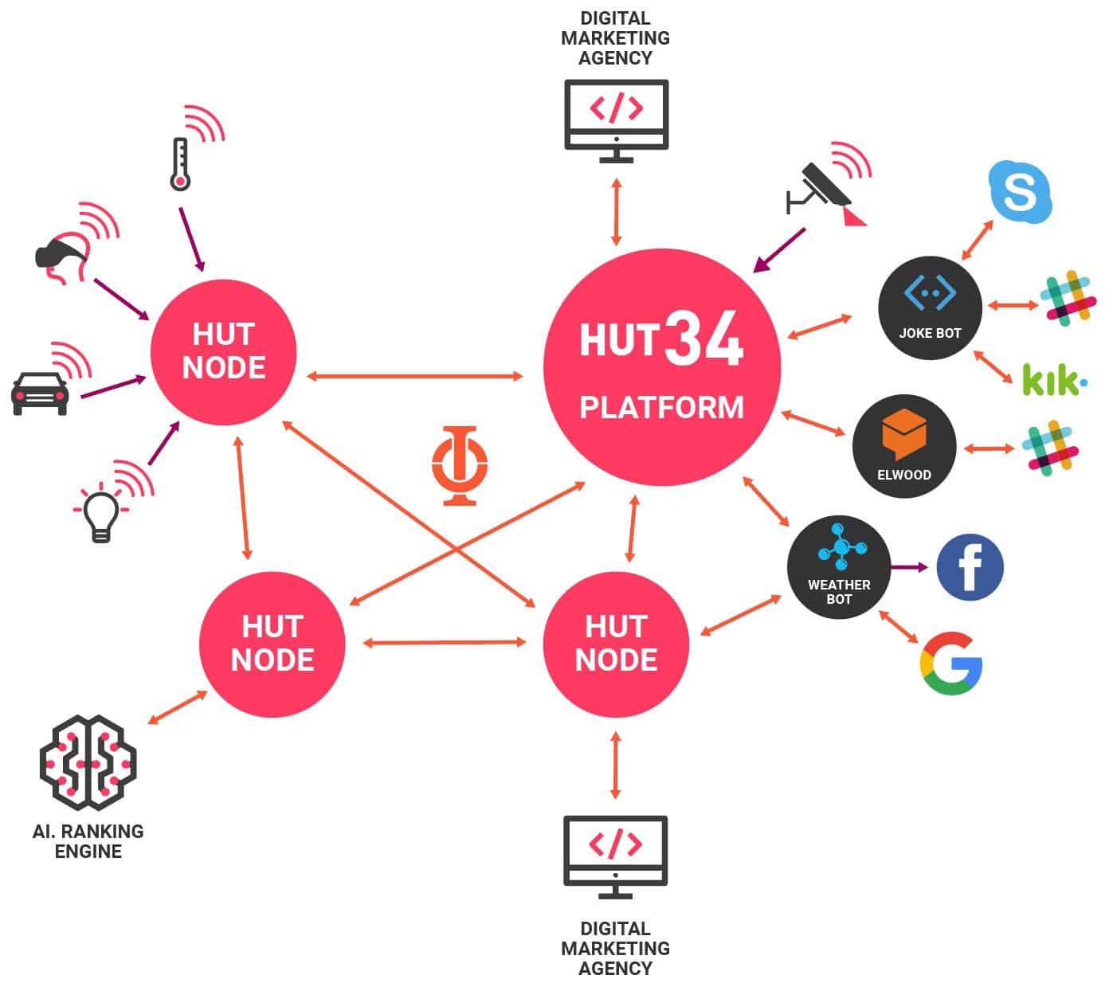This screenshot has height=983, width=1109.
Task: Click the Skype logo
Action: pyautogui.click(x=1021, y=192)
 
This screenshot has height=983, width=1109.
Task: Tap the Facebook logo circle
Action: pyautogui.click(x=970, y=567)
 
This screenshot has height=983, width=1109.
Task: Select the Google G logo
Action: pyautogui.click(x=951, y=663)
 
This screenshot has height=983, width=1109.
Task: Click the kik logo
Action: pyautogui.click(x=1053, y=380)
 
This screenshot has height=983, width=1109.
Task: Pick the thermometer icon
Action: pyautogui.click(x=180, y=164)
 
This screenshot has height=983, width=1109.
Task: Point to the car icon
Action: pyautogui.click(x=40, y=392)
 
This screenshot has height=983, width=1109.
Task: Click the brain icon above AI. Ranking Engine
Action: pyautogui.click(x=88, y=762)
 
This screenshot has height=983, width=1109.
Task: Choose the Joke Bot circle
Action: pyautogui.click(x=930, y=307)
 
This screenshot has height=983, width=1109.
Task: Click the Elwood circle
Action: pyautogui.click(x=903, y=446)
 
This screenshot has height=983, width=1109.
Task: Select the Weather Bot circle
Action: pyautogui.click(x=838, y=567)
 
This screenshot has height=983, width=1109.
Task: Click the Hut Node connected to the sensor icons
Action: pyautogui.click(x=224, y=351)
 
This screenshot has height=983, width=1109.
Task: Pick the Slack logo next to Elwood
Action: pyautogui.click(x=1051, y=448)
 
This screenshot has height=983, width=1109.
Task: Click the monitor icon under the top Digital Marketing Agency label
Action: pyautogui.click(x=616, y=120)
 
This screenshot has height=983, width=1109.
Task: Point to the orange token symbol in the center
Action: pyautogui.click(x=460, y=465)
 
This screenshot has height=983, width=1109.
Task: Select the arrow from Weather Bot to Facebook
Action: pyautogui.click(x=910, y=567)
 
